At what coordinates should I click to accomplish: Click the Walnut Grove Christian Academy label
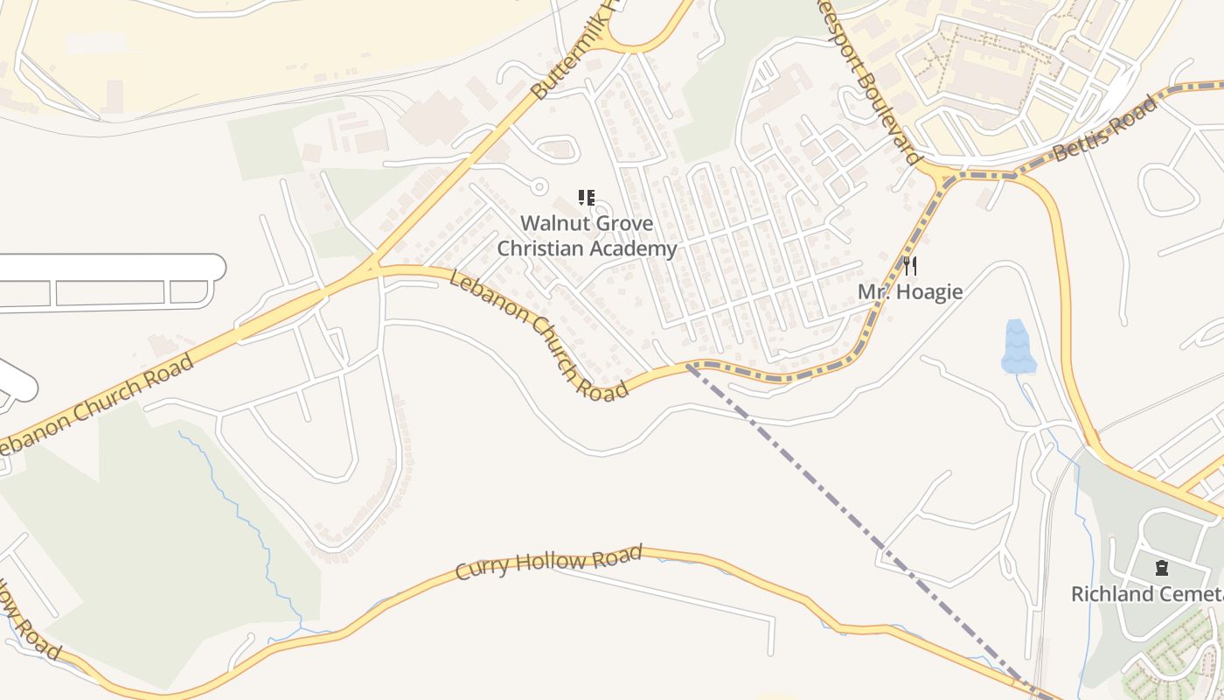587,236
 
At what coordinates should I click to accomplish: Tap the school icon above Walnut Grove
587,198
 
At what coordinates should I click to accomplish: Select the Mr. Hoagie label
910,291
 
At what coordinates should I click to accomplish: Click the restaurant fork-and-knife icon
910,265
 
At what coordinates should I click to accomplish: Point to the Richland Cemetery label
1146,594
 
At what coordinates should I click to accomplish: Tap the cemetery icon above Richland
1161,569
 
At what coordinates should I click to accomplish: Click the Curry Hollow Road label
549,561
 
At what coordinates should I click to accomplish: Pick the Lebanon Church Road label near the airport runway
96,402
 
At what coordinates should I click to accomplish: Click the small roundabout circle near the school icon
539,186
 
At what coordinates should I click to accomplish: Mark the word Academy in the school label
636,249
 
